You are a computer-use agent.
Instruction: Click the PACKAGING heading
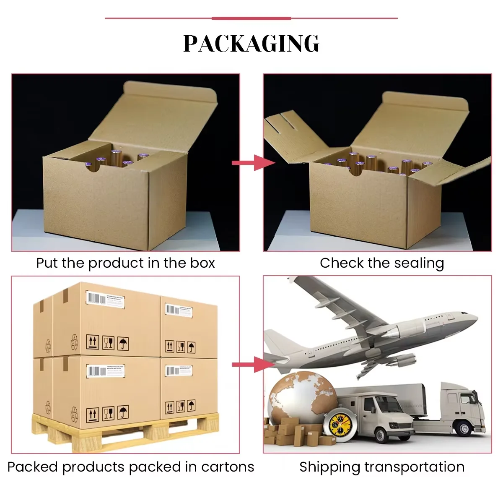click(251, 43)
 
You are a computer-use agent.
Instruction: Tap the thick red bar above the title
click(251, 18)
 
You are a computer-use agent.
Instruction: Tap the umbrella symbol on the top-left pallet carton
click(123, 343)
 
